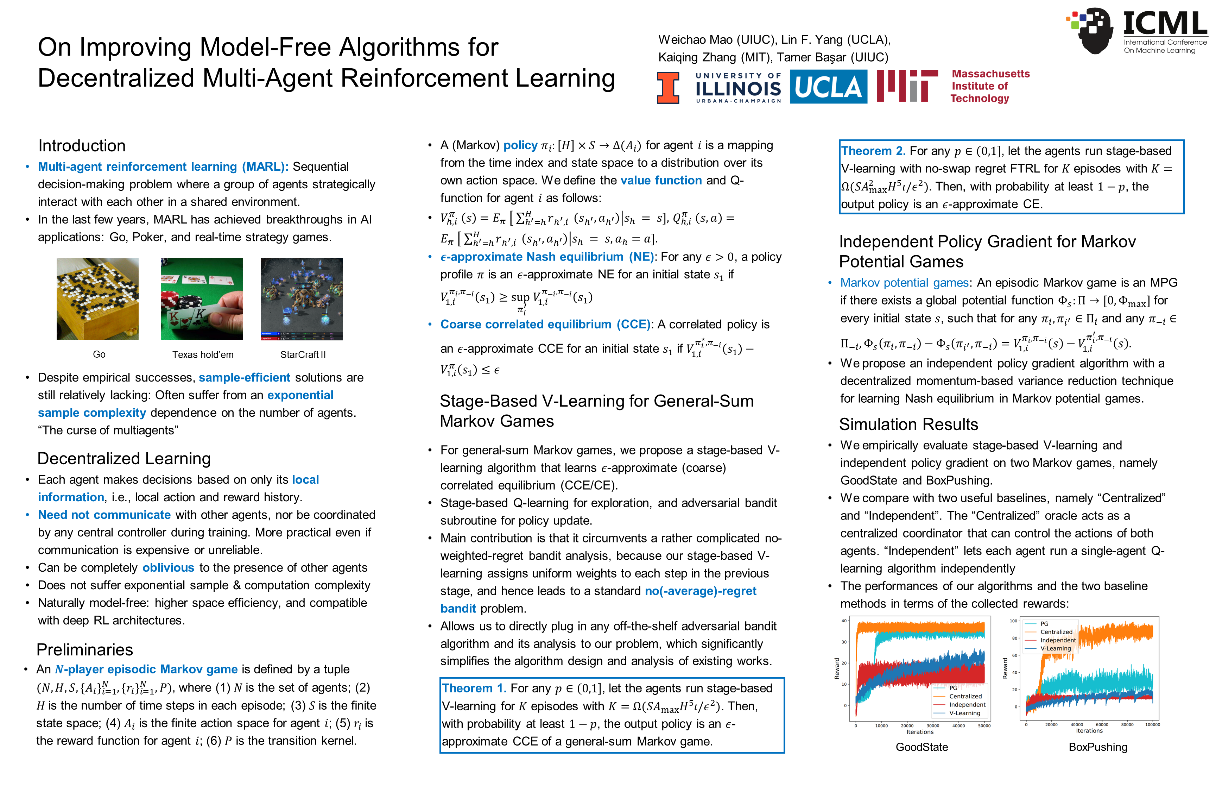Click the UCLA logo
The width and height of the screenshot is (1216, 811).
coord(828,87)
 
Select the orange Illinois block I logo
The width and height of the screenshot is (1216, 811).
coord(668,87)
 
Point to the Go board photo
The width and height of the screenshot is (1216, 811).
coord(98,299)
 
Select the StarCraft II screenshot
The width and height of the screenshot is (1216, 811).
coord(302,299)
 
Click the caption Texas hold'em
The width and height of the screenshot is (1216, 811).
coord(203,355)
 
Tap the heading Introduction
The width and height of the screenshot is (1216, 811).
coord(82,146)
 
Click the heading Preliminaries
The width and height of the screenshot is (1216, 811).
coord(85,650)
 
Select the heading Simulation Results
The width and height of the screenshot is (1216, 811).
coord(908,425)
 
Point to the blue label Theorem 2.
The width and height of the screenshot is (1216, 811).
coord(873,151)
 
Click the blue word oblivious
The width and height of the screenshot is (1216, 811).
coord(168,568)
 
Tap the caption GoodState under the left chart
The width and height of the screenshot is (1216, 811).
coord(922,747)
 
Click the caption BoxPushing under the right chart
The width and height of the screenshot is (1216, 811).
coord(1098,747)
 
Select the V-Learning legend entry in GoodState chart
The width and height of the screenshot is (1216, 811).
coord(964,713)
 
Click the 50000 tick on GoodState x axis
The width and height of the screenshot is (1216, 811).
coord(984,726)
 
